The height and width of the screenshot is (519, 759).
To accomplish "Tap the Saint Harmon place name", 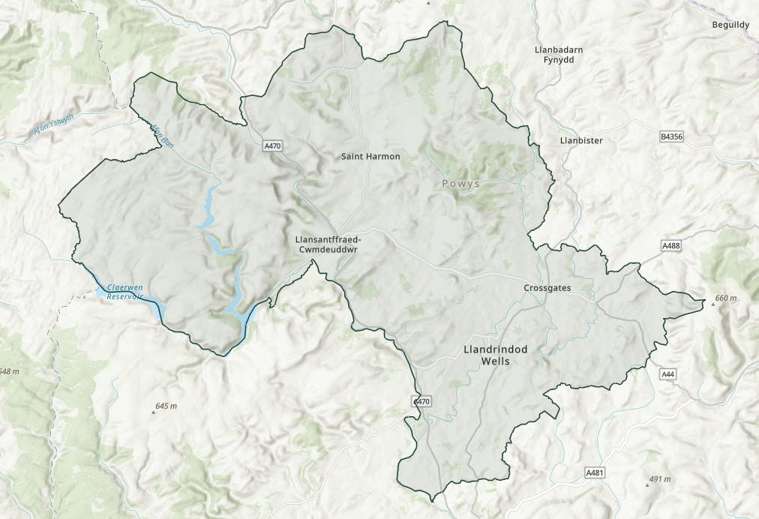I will point(370,157).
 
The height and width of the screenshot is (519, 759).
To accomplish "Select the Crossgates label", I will point(547,288).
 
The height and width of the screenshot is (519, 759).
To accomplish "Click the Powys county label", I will point(460,183).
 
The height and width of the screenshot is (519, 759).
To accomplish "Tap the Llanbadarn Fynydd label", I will point(559,55).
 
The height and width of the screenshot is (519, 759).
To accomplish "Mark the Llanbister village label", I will point(581,140).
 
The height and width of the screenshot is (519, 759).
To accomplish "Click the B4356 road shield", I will point(671,136).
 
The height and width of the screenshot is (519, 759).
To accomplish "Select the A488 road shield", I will point(670,245).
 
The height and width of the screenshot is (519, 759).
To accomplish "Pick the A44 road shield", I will point(667,373).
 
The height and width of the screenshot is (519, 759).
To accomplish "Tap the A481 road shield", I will point(595,472).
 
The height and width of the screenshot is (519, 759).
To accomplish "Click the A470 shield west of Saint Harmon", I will point(272,146).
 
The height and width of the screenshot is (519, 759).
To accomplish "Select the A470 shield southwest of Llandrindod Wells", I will point(422,402).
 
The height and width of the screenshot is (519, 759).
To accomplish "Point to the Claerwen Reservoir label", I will point(124,292).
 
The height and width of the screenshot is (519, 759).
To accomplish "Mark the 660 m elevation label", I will point(726,298).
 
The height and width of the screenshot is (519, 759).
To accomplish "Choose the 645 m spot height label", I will point(166,406).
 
